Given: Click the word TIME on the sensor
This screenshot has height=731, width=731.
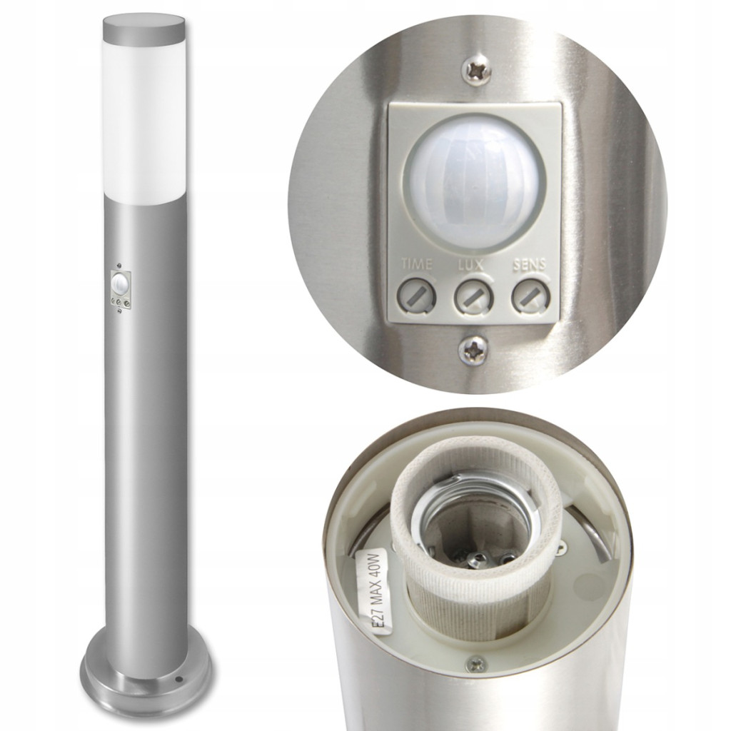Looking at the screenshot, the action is point(417,264).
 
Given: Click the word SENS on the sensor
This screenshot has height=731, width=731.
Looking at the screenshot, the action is point(529,265).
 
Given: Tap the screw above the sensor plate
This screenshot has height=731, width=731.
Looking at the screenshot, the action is point(476,71).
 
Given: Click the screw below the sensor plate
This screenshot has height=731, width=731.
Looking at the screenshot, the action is point(473,348).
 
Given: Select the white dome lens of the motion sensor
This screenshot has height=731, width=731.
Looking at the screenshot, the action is point(473,183).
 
